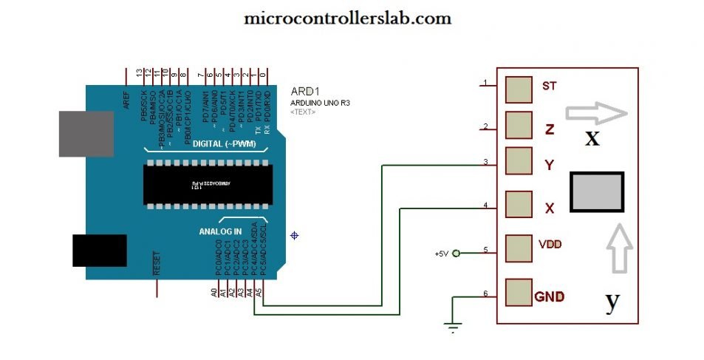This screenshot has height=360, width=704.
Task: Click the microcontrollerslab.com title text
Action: coord(348,18)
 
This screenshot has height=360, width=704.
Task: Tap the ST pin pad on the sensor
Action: coord(519,89)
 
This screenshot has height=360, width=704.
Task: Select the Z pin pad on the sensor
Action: coord(519,124)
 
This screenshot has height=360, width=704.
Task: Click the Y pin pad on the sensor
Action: coord(519,160)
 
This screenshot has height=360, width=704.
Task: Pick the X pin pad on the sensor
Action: coord(519,203)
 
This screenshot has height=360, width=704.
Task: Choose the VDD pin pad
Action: coord(519,247)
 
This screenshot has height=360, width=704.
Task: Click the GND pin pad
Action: coord(519,292)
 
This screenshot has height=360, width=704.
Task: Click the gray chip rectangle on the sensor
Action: coord(597,193)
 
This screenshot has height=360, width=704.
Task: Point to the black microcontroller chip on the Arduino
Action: coord(205,183)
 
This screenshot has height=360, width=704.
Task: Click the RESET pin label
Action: coord(157,263)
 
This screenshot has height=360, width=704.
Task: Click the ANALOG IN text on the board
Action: coord(220,231)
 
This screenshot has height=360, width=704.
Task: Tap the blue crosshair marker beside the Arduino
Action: coord(295,236)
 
